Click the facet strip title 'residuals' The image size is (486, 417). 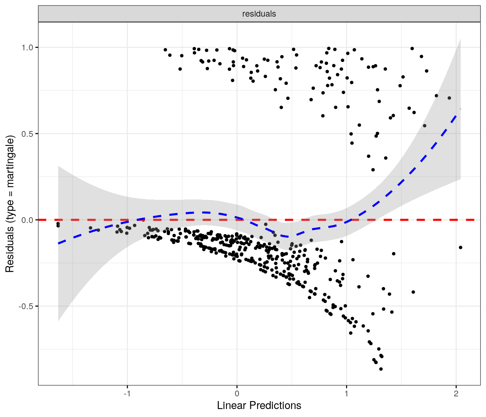pos(259,14)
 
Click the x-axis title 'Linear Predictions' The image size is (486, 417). pos(259,405)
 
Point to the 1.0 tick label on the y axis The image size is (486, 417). pos(27,47)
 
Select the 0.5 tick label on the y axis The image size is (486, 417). pos(27,134)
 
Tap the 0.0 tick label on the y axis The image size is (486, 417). pos(27,220)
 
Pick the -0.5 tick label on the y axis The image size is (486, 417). pos(26,306)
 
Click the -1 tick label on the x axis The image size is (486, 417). pos(127,394)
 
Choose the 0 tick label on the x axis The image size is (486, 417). pos(237,394)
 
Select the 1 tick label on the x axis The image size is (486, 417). pos(346,394)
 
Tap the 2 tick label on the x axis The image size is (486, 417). pos(456,394)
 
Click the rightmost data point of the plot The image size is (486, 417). pos(460,248)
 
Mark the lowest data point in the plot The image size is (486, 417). pos(381,369)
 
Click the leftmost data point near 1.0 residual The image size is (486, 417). pos(165,50)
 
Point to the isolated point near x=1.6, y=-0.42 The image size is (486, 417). pos(413,292)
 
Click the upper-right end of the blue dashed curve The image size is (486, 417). pos(460,109)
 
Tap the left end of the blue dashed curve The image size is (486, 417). pos(59,243)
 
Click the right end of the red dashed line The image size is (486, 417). pos(474,220)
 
